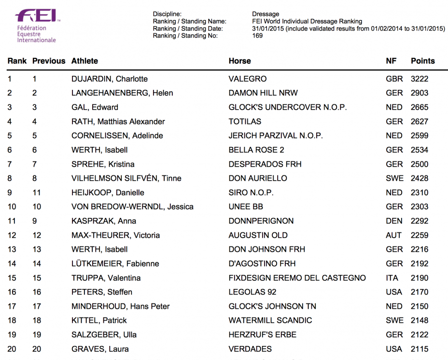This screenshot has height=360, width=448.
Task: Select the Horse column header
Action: coord(239,61)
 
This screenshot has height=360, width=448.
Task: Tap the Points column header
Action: coord(422,61)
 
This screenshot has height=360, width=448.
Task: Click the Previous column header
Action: coord(49,61)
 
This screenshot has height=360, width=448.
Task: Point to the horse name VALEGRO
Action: coord(247,79)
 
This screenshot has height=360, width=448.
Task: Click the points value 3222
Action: coord(419,79)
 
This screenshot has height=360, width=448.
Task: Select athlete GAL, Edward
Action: coord(95,107)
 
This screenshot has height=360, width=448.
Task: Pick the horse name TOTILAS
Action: coord(245,122)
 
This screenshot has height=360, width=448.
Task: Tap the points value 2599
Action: coord(419,136)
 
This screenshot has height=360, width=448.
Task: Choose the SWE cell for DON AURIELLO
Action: coord(394,178)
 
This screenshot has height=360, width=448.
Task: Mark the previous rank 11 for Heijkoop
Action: coord(37,192)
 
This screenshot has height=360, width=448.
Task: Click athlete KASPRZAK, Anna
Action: coord(104,221)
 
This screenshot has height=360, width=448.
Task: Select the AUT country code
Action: coord(393,235)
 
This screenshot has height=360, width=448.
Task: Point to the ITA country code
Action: coord(392,278)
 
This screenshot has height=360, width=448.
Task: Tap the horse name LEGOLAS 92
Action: coord(252,292)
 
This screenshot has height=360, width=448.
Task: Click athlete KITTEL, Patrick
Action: coord(99,320)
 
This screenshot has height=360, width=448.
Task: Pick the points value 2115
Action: coord(419,349)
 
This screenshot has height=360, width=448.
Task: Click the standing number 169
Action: coord(257,35)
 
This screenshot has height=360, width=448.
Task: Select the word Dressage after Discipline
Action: coord(266,14)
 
